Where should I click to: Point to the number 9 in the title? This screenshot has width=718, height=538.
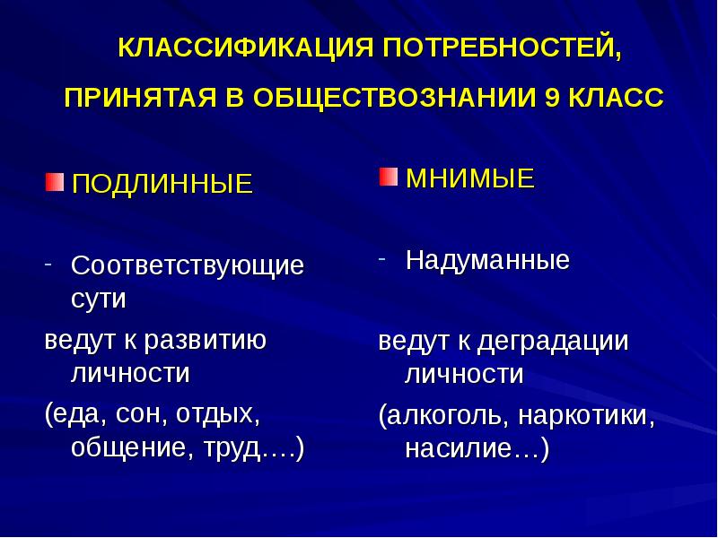coord(552,98)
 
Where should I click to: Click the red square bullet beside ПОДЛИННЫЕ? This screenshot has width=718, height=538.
coord(55,183)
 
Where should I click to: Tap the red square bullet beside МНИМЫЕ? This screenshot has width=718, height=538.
coord(388,176)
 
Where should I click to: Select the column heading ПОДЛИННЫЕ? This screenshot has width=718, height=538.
coord(162,185)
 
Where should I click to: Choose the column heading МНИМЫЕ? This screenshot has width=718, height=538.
coord(470,178)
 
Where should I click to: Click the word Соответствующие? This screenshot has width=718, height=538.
coord(188,266)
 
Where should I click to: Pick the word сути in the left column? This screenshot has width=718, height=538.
coord(98,298)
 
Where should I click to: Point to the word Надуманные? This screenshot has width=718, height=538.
coord(487,261)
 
